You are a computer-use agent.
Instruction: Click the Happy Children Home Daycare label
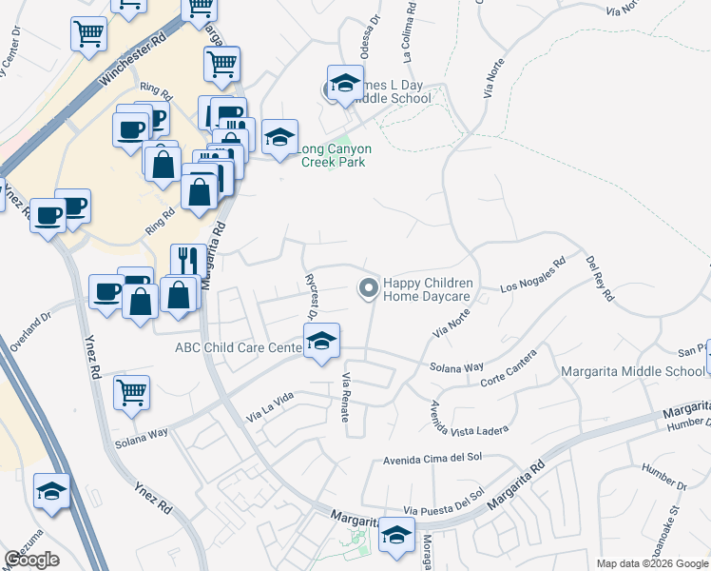coord(427,290)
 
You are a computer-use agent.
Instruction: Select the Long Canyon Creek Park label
coord(335,155)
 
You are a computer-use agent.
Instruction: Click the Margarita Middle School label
coord(632,371)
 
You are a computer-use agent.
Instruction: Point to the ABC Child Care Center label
coord(239,347)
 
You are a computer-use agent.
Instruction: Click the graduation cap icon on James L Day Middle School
coord(345,83)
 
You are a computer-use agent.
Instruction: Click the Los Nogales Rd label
coord(532,274)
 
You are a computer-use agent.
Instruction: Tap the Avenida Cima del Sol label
coord(432,463)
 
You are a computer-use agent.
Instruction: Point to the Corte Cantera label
coord(509,368)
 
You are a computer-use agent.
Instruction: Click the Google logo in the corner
coord(31,560)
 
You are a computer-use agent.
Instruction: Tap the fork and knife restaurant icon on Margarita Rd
coord(184,261)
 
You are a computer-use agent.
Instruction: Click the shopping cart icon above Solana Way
coord(131,391)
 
